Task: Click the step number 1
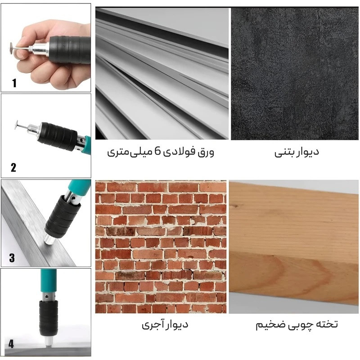[14, 83]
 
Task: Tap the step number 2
[13, 167]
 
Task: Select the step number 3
[12, 258]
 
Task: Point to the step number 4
[11, 344]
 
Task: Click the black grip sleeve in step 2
[59, 136]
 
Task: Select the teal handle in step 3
[79, 187]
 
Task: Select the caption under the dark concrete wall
[297, 152]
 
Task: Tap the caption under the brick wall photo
[165, 324]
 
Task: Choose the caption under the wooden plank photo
[297, 324]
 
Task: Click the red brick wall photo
[161, 247]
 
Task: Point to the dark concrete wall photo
[295, 73]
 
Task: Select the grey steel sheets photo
[162, 73]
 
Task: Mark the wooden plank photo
[294, 247]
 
